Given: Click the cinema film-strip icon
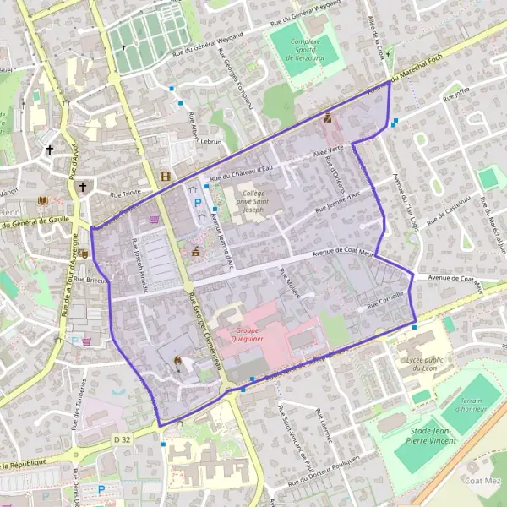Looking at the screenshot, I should (x=164, y=177).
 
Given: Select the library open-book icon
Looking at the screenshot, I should (x=43, y=200).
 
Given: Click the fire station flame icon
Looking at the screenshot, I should (x=177, y=361).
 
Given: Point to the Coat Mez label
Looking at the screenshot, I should (x=482, y=480).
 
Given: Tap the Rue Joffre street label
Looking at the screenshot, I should (x=455, y=95).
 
